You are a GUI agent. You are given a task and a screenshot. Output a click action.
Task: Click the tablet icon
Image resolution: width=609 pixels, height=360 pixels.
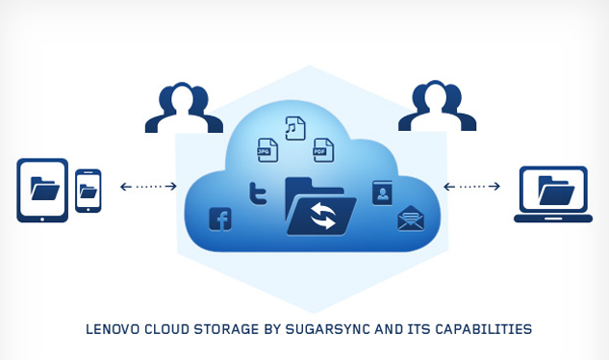(x=42, y=190)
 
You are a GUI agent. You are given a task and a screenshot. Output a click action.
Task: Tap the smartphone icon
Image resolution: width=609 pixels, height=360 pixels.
(x=89, y=190)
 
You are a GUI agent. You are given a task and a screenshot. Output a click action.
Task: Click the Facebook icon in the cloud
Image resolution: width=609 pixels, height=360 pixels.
(x=220, y=219)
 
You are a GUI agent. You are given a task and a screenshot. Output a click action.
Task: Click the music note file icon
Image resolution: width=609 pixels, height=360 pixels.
(x=295, y=128)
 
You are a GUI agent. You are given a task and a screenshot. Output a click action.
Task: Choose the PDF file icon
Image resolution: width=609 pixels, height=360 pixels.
(x=323, y=149)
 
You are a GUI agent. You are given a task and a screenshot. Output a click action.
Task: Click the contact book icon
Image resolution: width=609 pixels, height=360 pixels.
(x=382, y=193)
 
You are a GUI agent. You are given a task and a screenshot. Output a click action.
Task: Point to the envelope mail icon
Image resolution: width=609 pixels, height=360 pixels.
(x=411, y=219)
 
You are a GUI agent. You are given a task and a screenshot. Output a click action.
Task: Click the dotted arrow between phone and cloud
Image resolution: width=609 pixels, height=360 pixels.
(x=148, y=186)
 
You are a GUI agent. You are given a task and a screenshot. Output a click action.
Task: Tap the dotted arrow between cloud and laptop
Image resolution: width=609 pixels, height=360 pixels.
(x=471, y=186)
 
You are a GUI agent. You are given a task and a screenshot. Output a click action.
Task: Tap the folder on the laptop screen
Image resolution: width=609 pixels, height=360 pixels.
(x=557, y=189)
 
